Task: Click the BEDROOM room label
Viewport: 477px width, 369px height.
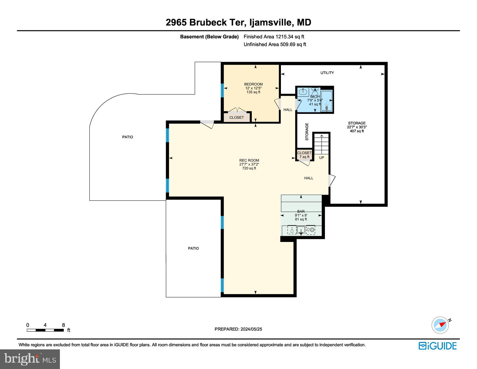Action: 253,84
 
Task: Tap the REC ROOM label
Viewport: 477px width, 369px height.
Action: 249,160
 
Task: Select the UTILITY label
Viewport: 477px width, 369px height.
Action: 327,73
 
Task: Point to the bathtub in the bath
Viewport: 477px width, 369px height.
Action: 326,100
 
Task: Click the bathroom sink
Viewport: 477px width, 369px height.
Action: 302,92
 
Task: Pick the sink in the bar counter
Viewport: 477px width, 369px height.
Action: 301,230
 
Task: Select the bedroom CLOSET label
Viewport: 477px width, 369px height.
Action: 237,118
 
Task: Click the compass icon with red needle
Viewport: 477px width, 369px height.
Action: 440,325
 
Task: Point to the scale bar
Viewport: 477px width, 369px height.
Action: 45,330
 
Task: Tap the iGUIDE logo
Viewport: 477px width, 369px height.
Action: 438,346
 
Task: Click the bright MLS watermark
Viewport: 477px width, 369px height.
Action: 30,359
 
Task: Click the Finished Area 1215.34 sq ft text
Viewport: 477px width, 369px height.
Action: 274,37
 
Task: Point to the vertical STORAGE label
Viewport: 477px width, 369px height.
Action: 307,132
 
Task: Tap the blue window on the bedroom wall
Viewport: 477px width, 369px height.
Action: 222,90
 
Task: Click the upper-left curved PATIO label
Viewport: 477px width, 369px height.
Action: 127,137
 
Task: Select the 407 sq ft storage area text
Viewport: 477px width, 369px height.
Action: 357,131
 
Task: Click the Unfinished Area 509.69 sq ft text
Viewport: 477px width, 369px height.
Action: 275,45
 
